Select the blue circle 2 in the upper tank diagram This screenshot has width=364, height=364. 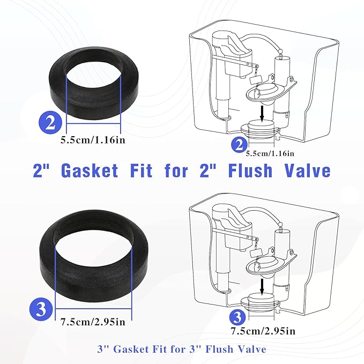click(x=238, y=144)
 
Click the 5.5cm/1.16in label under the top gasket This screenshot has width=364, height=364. click(x=94, y=142)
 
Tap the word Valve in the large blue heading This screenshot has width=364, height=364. click(x=303, y=171)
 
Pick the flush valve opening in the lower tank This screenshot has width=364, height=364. click(x=261, y=303)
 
